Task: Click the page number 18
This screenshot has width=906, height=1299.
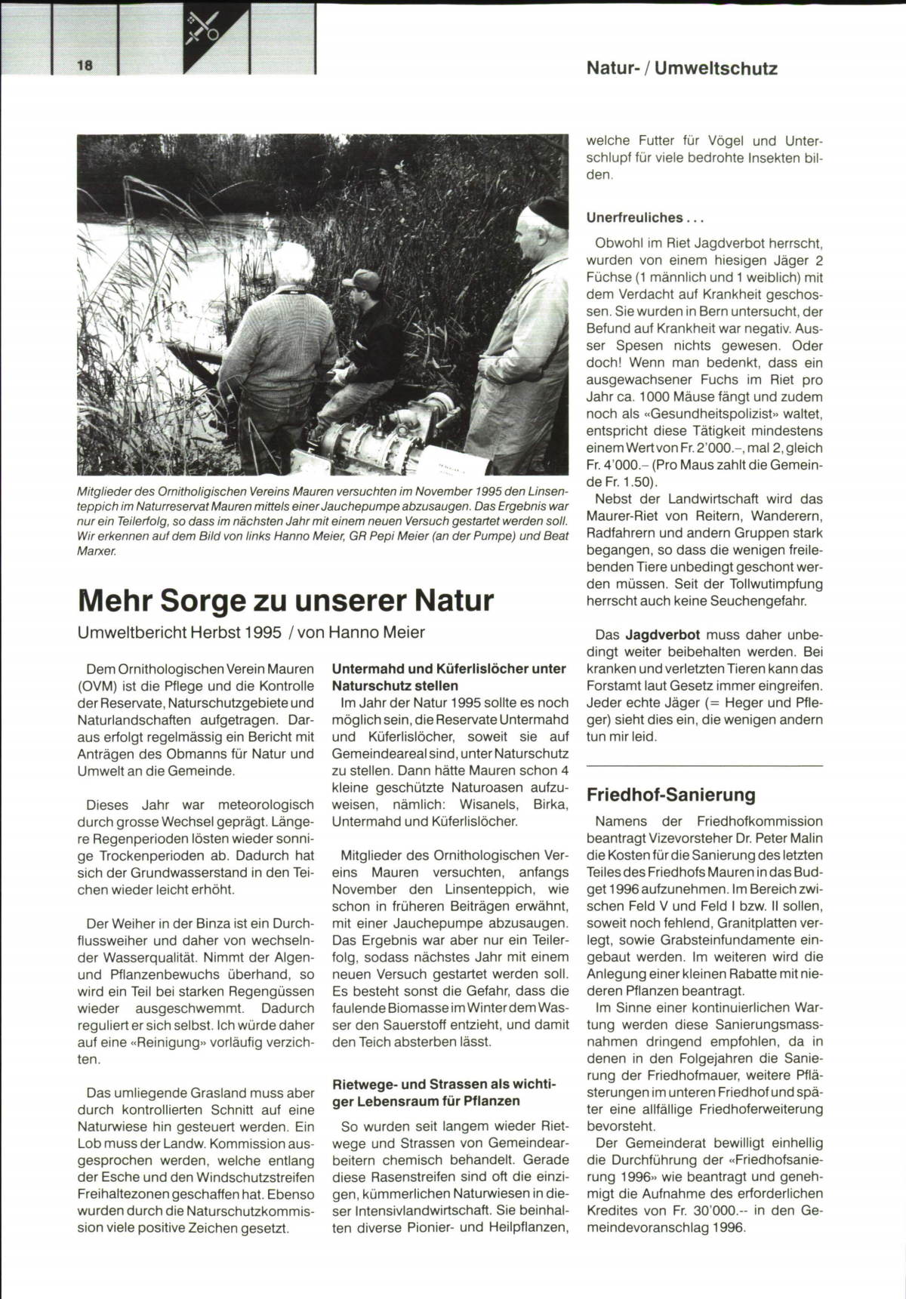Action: [x=84, y=66]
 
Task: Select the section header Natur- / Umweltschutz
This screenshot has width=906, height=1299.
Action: [x=681, y=69]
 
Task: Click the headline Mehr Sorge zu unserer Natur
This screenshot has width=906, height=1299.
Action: [x=285, y=601]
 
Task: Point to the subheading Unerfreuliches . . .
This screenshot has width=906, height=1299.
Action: [x=645, y=218]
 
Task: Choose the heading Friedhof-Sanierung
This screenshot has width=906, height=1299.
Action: [x=670, y=795]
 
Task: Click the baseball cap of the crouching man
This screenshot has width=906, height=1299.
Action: [x=362, y=280]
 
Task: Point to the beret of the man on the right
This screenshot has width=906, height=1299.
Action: [x=547, y=212]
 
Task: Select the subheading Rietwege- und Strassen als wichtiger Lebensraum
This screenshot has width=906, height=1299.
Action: [x=445, y=1092]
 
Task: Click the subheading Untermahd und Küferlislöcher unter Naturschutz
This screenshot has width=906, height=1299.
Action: [x=448, y=677]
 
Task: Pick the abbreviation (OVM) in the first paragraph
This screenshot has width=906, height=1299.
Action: [x=100, y=686]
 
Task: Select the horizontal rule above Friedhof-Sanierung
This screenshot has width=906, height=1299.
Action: [x=704, y=767]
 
